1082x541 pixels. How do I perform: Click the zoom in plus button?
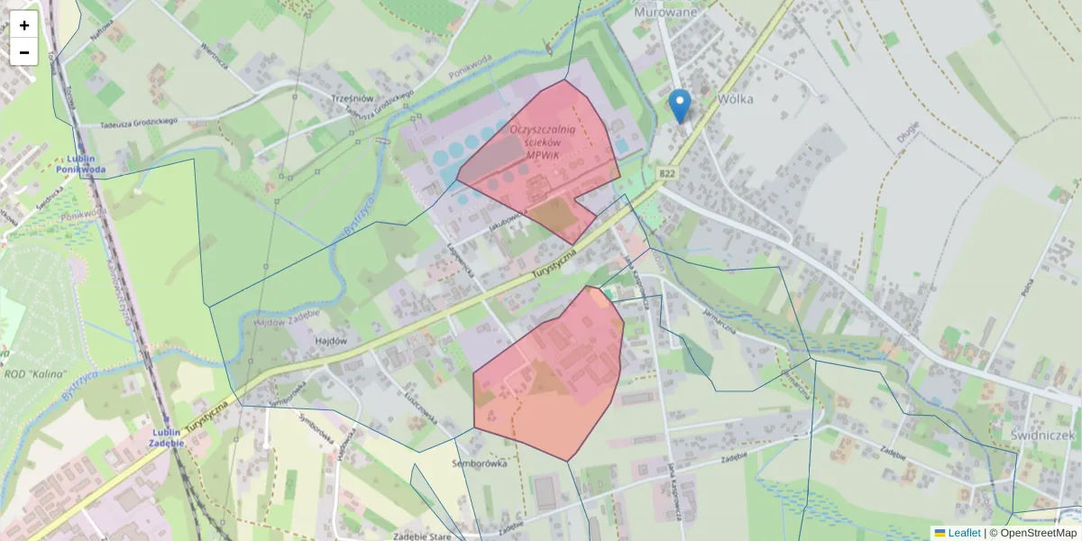(x=24, y=25)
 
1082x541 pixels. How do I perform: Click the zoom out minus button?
(x=24, y=52)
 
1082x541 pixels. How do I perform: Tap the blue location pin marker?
(x=681, y=105)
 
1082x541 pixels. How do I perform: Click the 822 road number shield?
(x=667, y=173)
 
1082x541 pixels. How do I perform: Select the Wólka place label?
(x=736, y=99)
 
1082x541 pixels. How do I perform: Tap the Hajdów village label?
(x=332, y=341)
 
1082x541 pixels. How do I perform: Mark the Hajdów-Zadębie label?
(x=288, y=322)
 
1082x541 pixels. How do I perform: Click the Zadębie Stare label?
(x=422, y=536)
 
